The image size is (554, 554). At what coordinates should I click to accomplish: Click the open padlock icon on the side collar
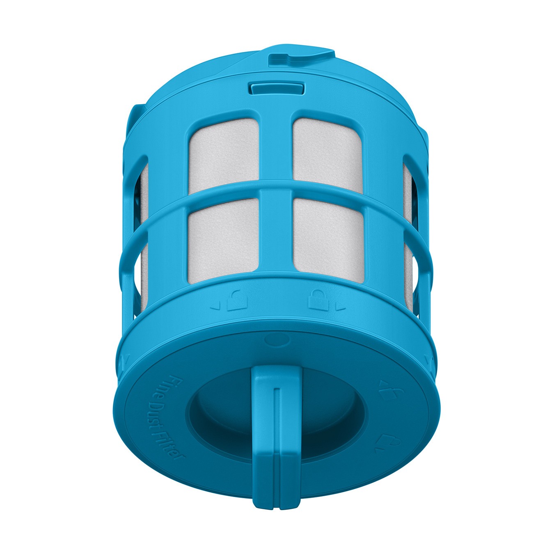[237, 300]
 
